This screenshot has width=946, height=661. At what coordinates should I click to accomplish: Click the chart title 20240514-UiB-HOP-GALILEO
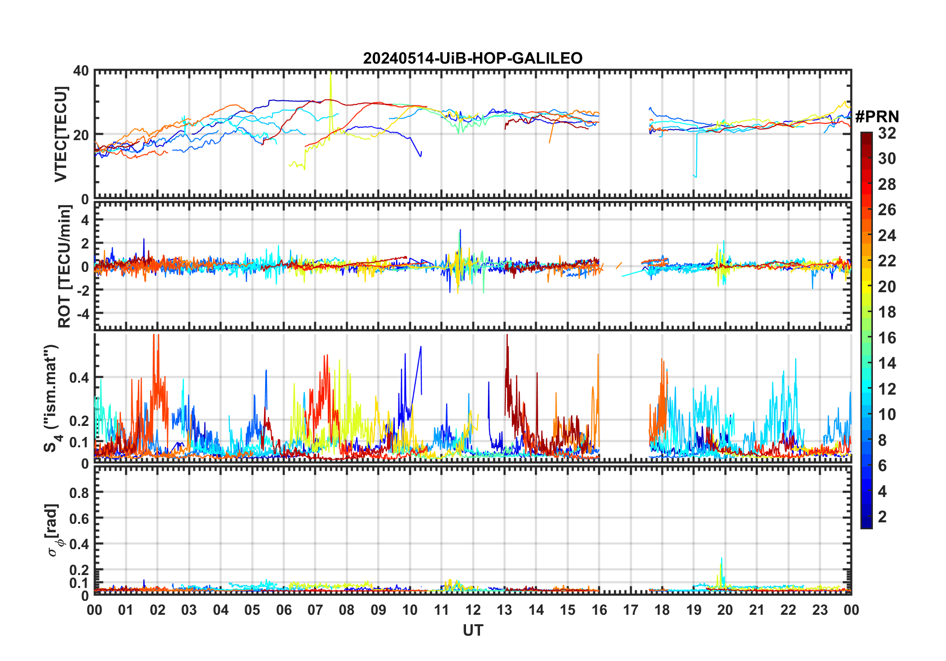pyautogui.click(x=473, y=59)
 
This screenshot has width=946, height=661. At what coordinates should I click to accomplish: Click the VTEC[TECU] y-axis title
pyautogui.click(x=61, y=134)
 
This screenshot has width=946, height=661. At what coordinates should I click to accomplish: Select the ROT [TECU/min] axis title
pyautogui.click(x=65, y=266)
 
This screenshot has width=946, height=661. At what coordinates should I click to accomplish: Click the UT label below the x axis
pyautogui.click(x=473, y=631)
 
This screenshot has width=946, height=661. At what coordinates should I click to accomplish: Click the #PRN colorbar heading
pyautogui.click(x=877, y=117)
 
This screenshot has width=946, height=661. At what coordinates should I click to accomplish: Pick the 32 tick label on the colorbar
pyautogui.click(x=887, y=133)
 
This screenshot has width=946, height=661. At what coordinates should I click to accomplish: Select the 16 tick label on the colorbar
pyautogui.click(x=887, y=338)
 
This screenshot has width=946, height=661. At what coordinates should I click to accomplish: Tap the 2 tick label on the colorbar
pyautogui.click(x=882, y=517)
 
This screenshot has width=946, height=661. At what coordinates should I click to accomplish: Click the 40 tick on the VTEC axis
pyautogui.click(x=81, y=71)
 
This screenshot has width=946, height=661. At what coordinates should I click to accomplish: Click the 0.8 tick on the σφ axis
pyautogui.click(x=79, y=493)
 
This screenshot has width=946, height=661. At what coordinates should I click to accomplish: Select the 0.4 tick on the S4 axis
pyautogui.click(x=79, y=378)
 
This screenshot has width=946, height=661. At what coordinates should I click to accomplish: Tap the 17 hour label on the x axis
pyautogui.click(x=631, y=610)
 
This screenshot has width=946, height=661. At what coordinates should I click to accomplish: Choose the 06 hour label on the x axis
pyautogui.click(x=284, y=610)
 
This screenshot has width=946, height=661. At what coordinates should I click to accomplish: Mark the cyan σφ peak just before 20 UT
pyautogui.click(x=721, y=559)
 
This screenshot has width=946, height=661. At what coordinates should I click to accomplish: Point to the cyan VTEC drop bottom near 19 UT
pyautogui.click(x=695, y=176)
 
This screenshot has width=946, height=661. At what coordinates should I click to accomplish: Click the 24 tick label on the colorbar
pyautogui.click(x=887, y=236)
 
